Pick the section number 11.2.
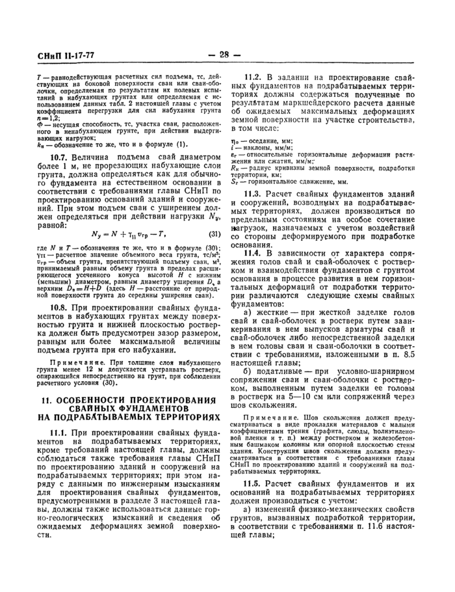pos(255,77)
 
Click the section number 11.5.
pos(255,483)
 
